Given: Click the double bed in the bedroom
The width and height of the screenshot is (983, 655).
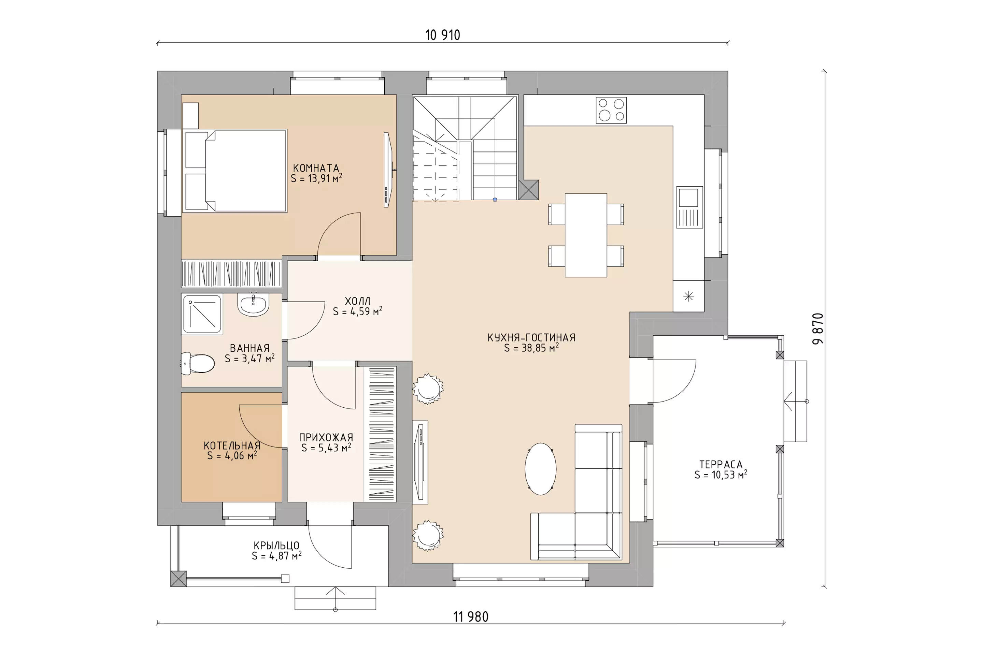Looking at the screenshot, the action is (235, 171).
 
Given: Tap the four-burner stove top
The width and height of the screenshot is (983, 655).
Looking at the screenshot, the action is (611, 110).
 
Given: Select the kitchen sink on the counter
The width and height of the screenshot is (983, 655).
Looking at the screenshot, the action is (689, 207).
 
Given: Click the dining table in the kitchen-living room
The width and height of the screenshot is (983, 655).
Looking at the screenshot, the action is (586, 235).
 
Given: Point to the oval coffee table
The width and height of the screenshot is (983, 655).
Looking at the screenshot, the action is (540, 469).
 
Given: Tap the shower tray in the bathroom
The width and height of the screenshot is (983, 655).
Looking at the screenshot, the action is (202, 314).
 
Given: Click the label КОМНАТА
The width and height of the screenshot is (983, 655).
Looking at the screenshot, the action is (316, 168).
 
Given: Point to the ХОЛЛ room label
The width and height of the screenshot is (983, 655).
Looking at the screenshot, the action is (357, 301).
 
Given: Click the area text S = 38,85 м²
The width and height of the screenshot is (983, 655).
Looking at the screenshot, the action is (531, 348).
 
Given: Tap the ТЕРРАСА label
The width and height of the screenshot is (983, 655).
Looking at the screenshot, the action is (721, 464).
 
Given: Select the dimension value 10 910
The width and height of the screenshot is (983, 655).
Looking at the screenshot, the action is (443, 35).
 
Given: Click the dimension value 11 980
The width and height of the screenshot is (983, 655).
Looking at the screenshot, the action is (471, 616).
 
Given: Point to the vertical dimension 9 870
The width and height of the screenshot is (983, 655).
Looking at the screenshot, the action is (818, 329).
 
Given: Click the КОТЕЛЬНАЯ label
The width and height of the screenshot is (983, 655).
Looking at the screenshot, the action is (232, 445).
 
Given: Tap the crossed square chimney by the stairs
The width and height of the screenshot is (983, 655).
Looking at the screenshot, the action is (528, 190).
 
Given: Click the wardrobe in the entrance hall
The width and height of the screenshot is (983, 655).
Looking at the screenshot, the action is (380, 434).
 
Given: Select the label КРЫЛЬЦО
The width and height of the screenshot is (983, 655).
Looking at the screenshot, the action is (276, 545).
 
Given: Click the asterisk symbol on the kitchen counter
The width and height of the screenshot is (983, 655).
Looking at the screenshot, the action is (688, 296).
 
